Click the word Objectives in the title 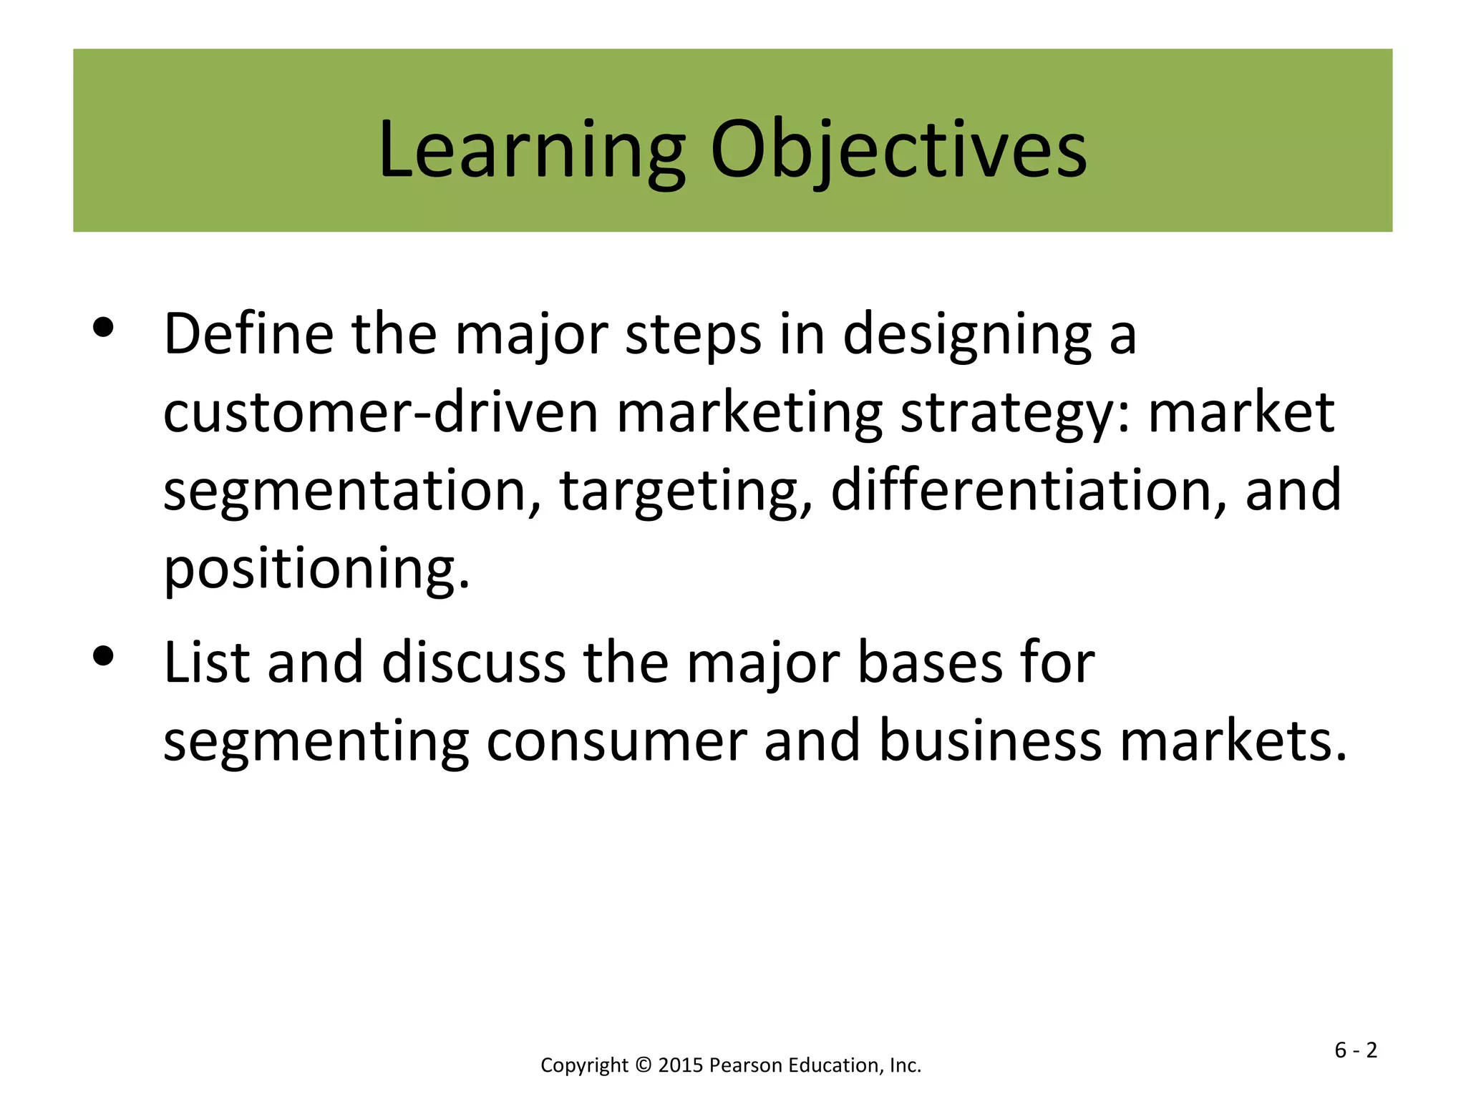click(x=898, y=150)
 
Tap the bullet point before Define click(x=104, y=328)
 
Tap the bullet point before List click(x=104, y=656)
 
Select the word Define click(x=248, y=334)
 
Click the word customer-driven click(x=380, y=413)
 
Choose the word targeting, click(x=686, y=492)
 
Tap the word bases click(x=930, y=663)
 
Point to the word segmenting click(x=316, y=743)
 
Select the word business click(x=989, y=741)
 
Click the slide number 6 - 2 click(x=1356, y=1050)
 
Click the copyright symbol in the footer click(x=643, y=1065)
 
